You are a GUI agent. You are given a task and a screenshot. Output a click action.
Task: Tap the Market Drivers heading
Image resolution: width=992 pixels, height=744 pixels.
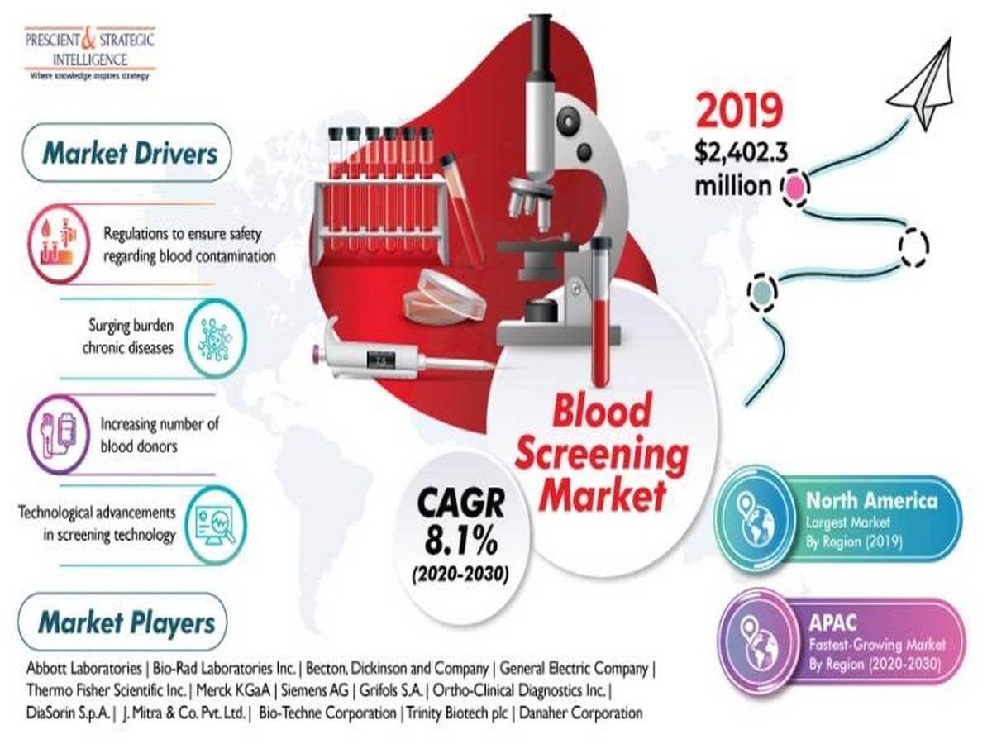[x=130, y=153]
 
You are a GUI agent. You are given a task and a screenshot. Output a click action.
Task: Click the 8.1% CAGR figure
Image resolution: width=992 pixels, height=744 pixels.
[x=460, y=542]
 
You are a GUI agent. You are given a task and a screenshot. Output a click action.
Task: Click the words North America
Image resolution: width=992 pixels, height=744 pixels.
[x=870, y=501]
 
